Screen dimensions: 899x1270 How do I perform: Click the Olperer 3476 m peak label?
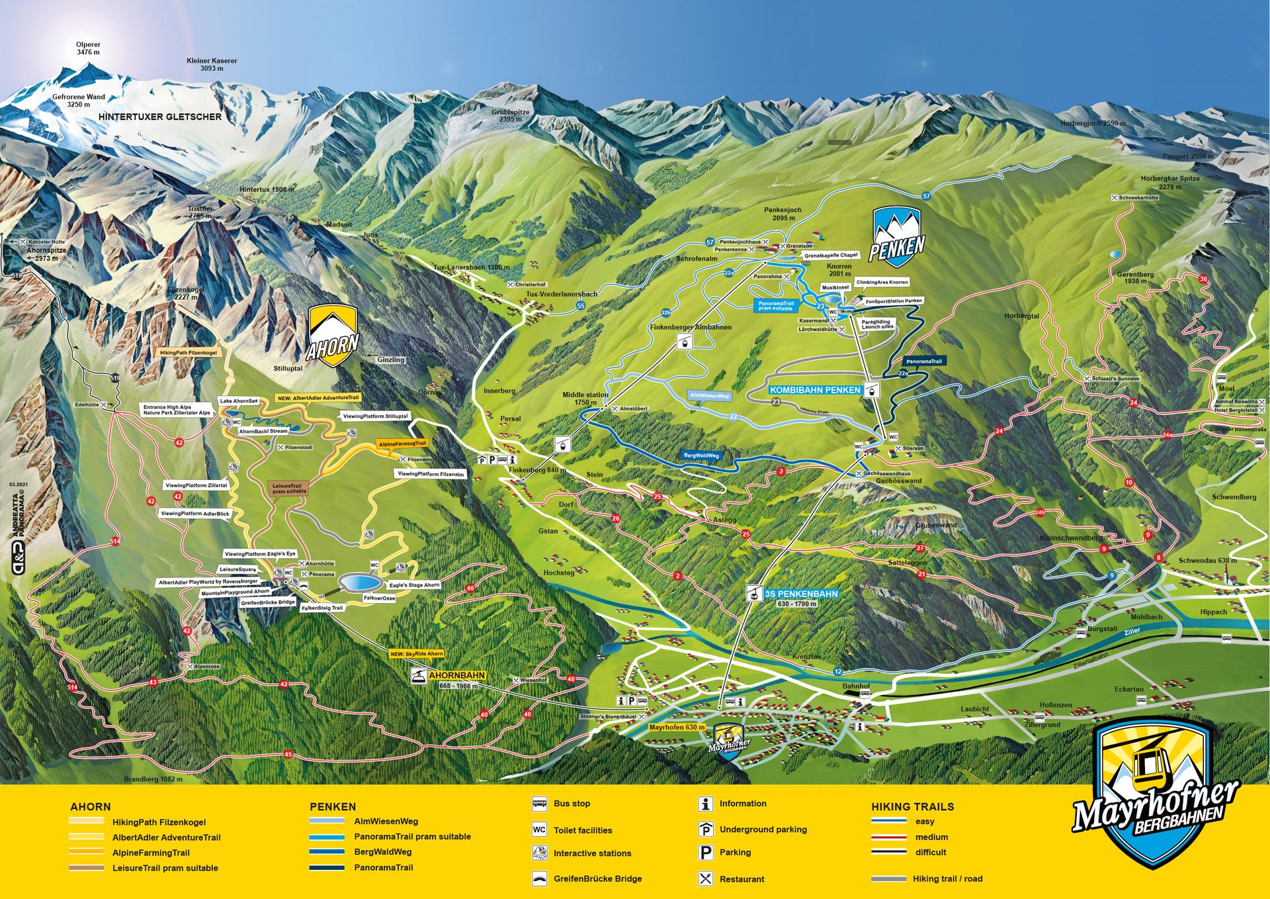[x=88, y=48]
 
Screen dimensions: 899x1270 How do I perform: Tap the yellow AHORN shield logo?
[x=333, y=336]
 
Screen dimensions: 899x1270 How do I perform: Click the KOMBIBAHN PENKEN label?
[x=815, y=391]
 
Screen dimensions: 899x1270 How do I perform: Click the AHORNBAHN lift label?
[x=457, y=675]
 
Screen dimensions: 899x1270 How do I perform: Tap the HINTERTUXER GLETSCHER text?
[x=159, y=117]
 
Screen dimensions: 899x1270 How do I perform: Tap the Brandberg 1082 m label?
[x=153, y=779]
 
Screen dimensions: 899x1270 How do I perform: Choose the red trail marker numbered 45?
[x=287, y=754]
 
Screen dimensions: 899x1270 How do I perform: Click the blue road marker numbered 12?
[x=838, y=671]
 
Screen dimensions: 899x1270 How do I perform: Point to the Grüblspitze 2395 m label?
[x=511, y=116]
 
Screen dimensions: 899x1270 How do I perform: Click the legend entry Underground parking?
[x=763, y=829]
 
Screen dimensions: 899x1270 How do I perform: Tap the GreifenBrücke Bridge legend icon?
[x=539, y=879]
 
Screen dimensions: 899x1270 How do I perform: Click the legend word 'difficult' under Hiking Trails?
[x=931, y=852]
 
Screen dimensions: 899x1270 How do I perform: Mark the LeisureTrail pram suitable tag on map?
[x=288, y=489]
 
